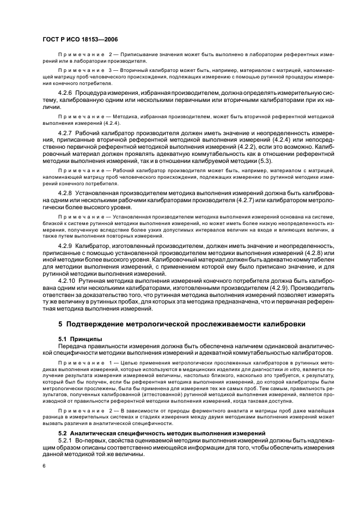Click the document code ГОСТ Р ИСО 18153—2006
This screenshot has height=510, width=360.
click(x=80, y=39)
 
